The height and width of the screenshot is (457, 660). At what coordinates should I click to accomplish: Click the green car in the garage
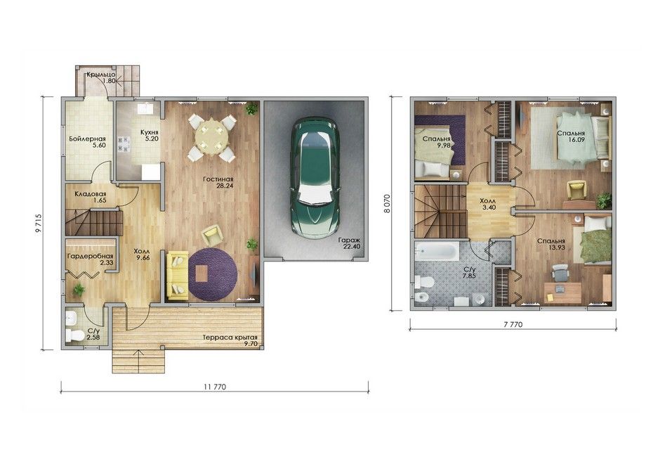click(315, 177)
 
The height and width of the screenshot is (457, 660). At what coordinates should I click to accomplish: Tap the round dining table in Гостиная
click(211, 136)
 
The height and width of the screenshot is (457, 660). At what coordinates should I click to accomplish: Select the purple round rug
click(213, 274)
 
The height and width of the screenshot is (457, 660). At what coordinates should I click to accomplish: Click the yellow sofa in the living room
click(178, 276)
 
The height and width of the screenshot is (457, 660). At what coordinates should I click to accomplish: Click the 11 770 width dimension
click(215, 387)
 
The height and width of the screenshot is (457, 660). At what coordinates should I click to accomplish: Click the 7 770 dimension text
click(513, 325)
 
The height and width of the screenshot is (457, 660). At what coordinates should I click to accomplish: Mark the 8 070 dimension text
click(387, 204)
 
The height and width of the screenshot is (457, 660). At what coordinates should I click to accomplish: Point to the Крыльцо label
click(101, 75)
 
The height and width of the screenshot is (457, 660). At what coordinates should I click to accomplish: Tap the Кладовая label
click(91, 194)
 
